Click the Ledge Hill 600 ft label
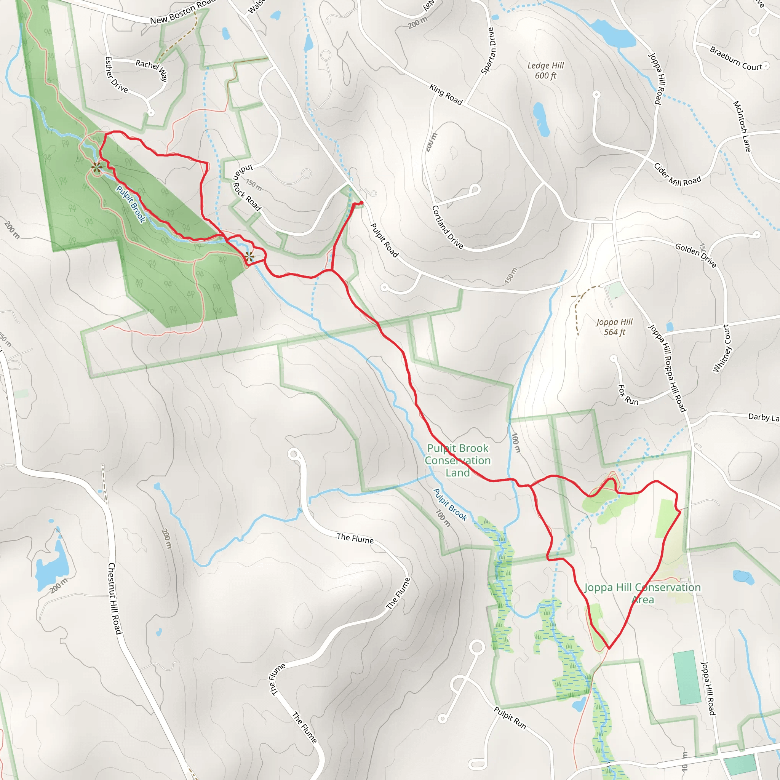coord(545,71)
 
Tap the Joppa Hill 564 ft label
coord(614,327)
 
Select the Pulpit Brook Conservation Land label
coord(457,460)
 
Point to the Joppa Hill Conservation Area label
coord(643,593)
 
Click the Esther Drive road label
coord(116,75)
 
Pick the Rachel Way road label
coord(152,70)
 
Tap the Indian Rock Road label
coord(247,188)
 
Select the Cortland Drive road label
coord(448,227)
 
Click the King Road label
coord(446,94)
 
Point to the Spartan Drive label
coord(488,51)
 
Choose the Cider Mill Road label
coord(677,175)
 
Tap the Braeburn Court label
coord(735,59)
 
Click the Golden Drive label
coord(695,255)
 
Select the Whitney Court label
coord(722,348)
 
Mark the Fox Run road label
coord(628,395)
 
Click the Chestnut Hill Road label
coord(115,598)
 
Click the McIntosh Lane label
coord(742,126)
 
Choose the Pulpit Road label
coord(384,241)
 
